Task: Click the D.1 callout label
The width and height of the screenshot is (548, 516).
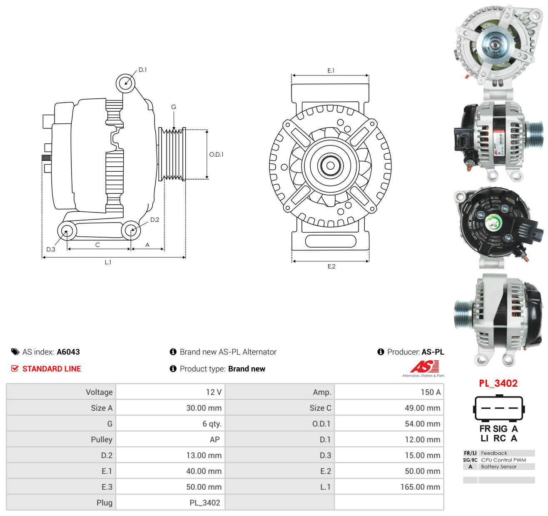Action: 142,70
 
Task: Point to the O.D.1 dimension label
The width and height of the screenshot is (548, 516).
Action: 217,154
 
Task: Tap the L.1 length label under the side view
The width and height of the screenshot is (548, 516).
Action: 108,262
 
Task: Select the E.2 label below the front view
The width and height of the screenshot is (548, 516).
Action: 331,266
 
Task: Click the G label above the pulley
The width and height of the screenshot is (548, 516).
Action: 174,107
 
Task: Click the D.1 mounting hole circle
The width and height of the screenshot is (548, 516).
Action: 126,83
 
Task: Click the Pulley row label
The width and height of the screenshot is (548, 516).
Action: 102,439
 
